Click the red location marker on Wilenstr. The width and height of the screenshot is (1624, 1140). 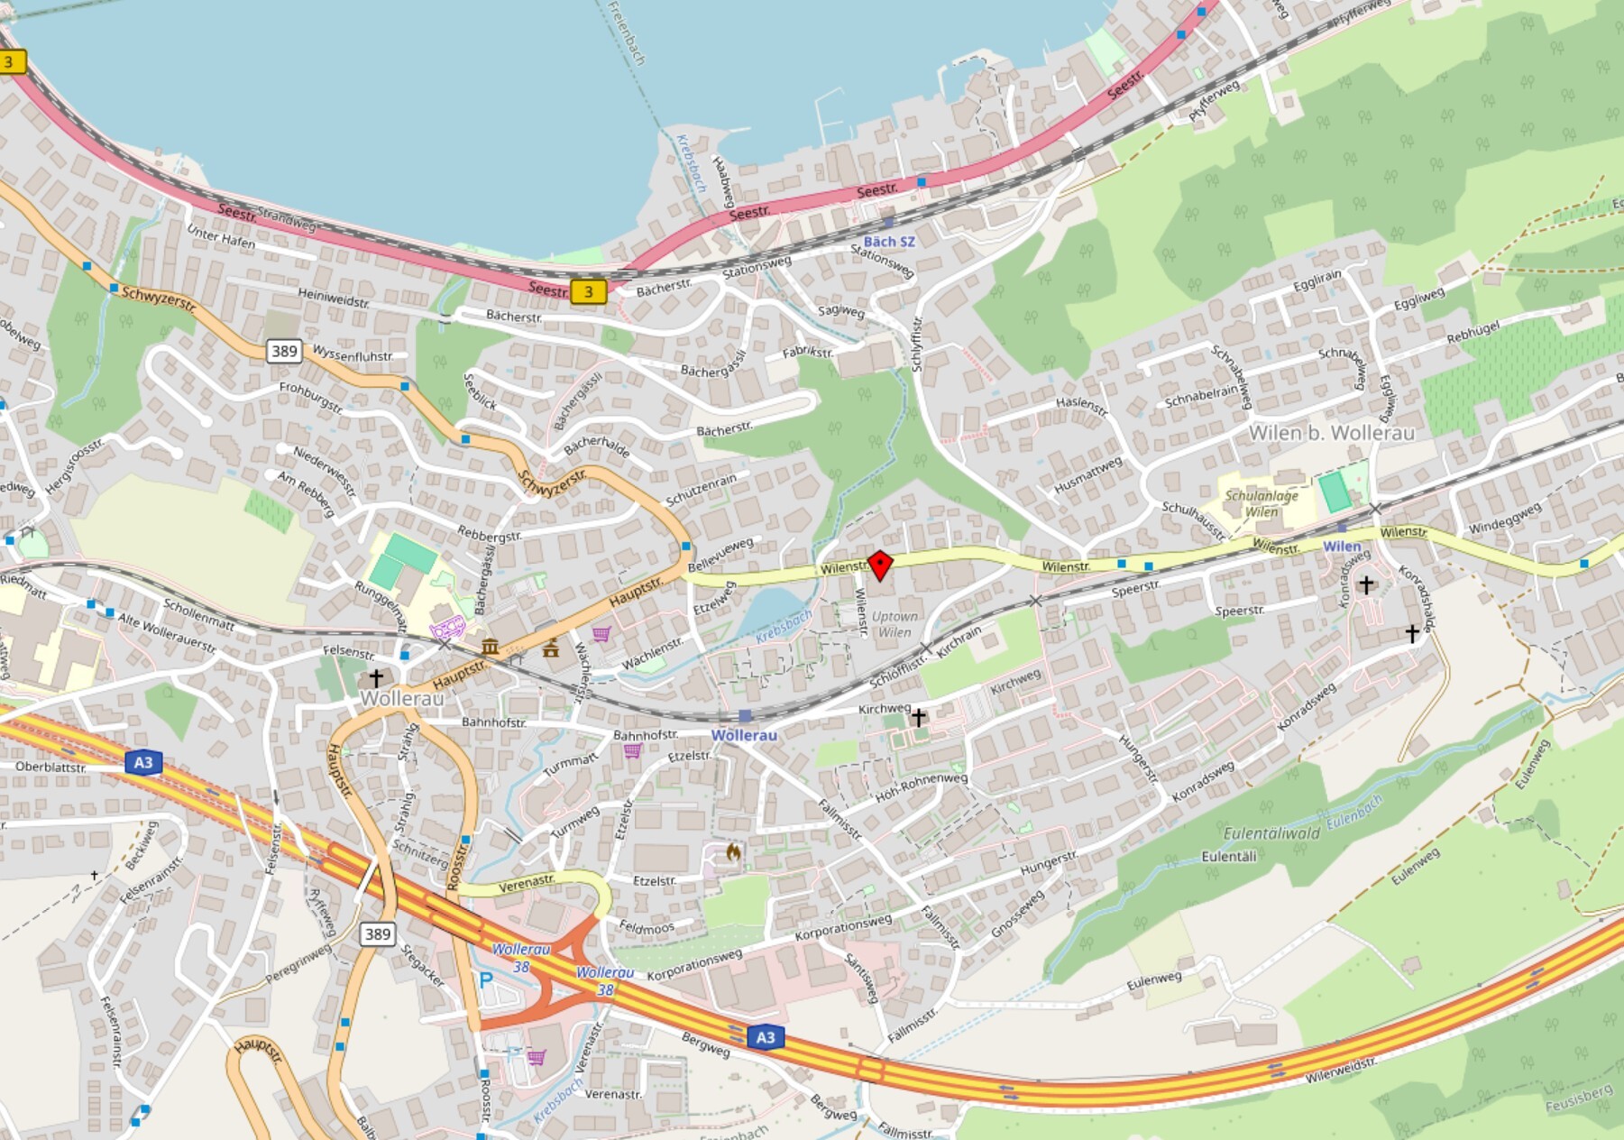879,565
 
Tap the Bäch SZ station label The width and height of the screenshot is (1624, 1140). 889,241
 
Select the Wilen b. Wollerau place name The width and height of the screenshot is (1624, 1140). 1331,433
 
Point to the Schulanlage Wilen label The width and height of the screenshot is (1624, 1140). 1262,503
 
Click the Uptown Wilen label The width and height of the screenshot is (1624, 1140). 895,624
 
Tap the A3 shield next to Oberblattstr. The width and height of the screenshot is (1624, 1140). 143,763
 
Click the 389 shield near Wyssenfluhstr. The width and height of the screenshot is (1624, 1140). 283,351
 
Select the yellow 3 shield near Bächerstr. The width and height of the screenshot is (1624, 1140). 588,291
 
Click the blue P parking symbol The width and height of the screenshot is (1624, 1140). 486,980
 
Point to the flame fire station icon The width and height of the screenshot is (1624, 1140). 733,851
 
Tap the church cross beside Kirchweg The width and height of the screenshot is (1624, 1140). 918,718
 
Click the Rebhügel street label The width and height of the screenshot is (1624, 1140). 1473,333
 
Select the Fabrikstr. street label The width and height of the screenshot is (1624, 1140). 807,352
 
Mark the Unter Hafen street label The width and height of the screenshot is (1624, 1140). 221,237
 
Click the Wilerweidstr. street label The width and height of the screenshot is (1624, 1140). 1341,1070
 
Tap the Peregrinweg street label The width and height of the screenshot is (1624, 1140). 298,964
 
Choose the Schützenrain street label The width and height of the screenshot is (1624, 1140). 701,490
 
